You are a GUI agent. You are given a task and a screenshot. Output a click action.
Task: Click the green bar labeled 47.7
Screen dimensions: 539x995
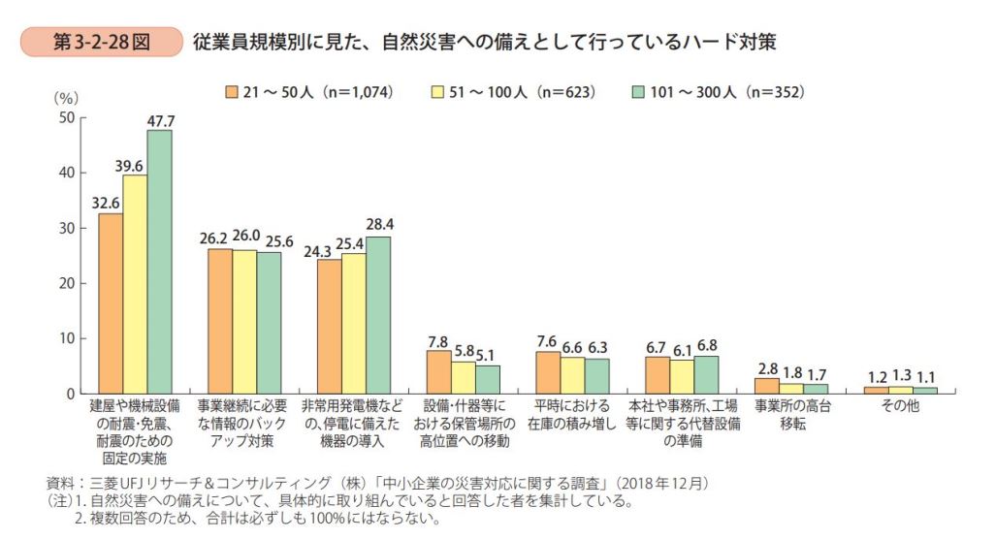[x=159, y=262]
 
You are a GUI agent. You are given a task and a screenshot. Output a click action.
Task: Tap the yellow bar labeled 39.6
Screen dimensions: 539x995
[x=135, y=284]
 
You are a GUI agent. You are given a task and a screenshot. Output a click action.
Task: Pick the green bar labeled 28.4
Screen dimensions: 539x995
[x=377, y=315]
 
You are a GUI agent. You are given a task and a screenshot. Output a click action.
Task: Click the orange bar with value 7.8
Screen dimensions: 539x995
[x=438, y=372]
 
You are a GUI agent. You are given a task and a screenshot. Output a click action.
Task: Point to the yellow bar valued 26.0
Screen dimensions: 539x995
[x=243, y=322]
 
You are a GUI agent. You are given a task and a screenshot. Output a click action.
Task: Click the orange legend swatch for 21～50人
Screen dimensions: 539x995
[x=231, y=92]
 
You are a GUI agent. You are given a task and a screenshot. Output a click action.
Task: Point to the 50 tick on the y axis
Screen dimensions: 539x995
[x=67, y=118]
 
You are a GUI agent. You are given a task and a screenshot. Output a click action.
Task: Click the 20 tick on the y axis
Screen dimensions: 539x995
[x=67, y=284]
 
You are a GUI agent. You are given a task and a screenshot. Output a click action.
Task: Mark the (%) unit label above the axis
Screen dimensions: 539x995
[x=66, y=98]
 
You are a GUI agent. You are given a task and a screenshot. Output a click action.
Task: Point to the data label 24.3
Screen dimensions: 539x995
[x=329, y=250]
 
